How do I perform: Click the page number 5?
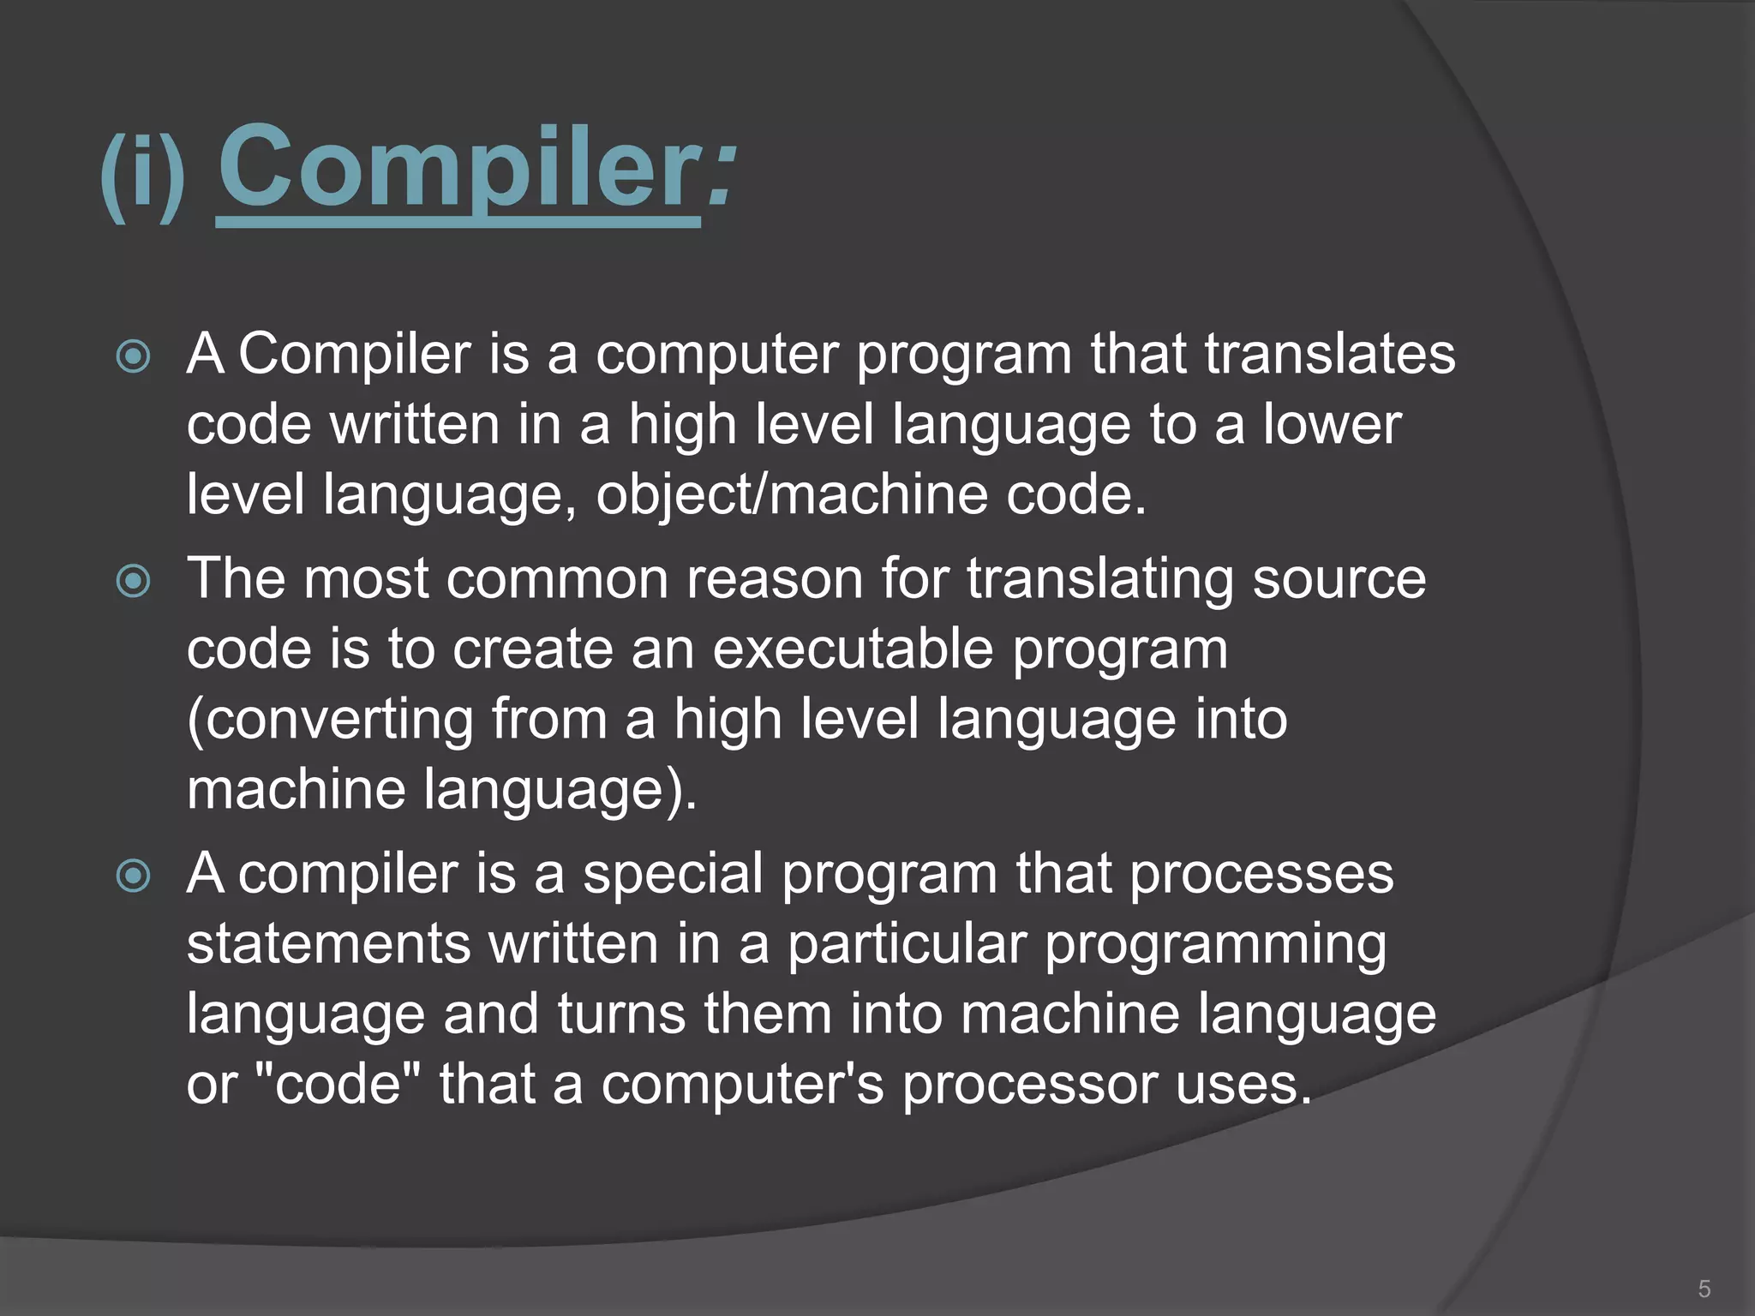point(1704,1289)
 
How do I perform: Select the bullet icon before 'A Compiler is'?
point(134,356)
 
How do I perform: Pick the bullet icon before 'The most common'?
point(134,582)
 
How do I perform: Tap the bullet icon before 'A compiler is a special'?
point(134,876)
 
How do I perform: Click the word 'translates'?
point(1330,354)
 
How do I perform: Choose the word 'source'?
point(1339,579)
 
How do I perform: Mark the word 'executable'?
point(853,649)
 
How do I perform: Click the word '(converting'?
point(330,719)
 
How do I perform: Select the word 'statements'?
point(329,944)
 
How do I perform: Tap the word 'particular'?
point(907,944)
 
